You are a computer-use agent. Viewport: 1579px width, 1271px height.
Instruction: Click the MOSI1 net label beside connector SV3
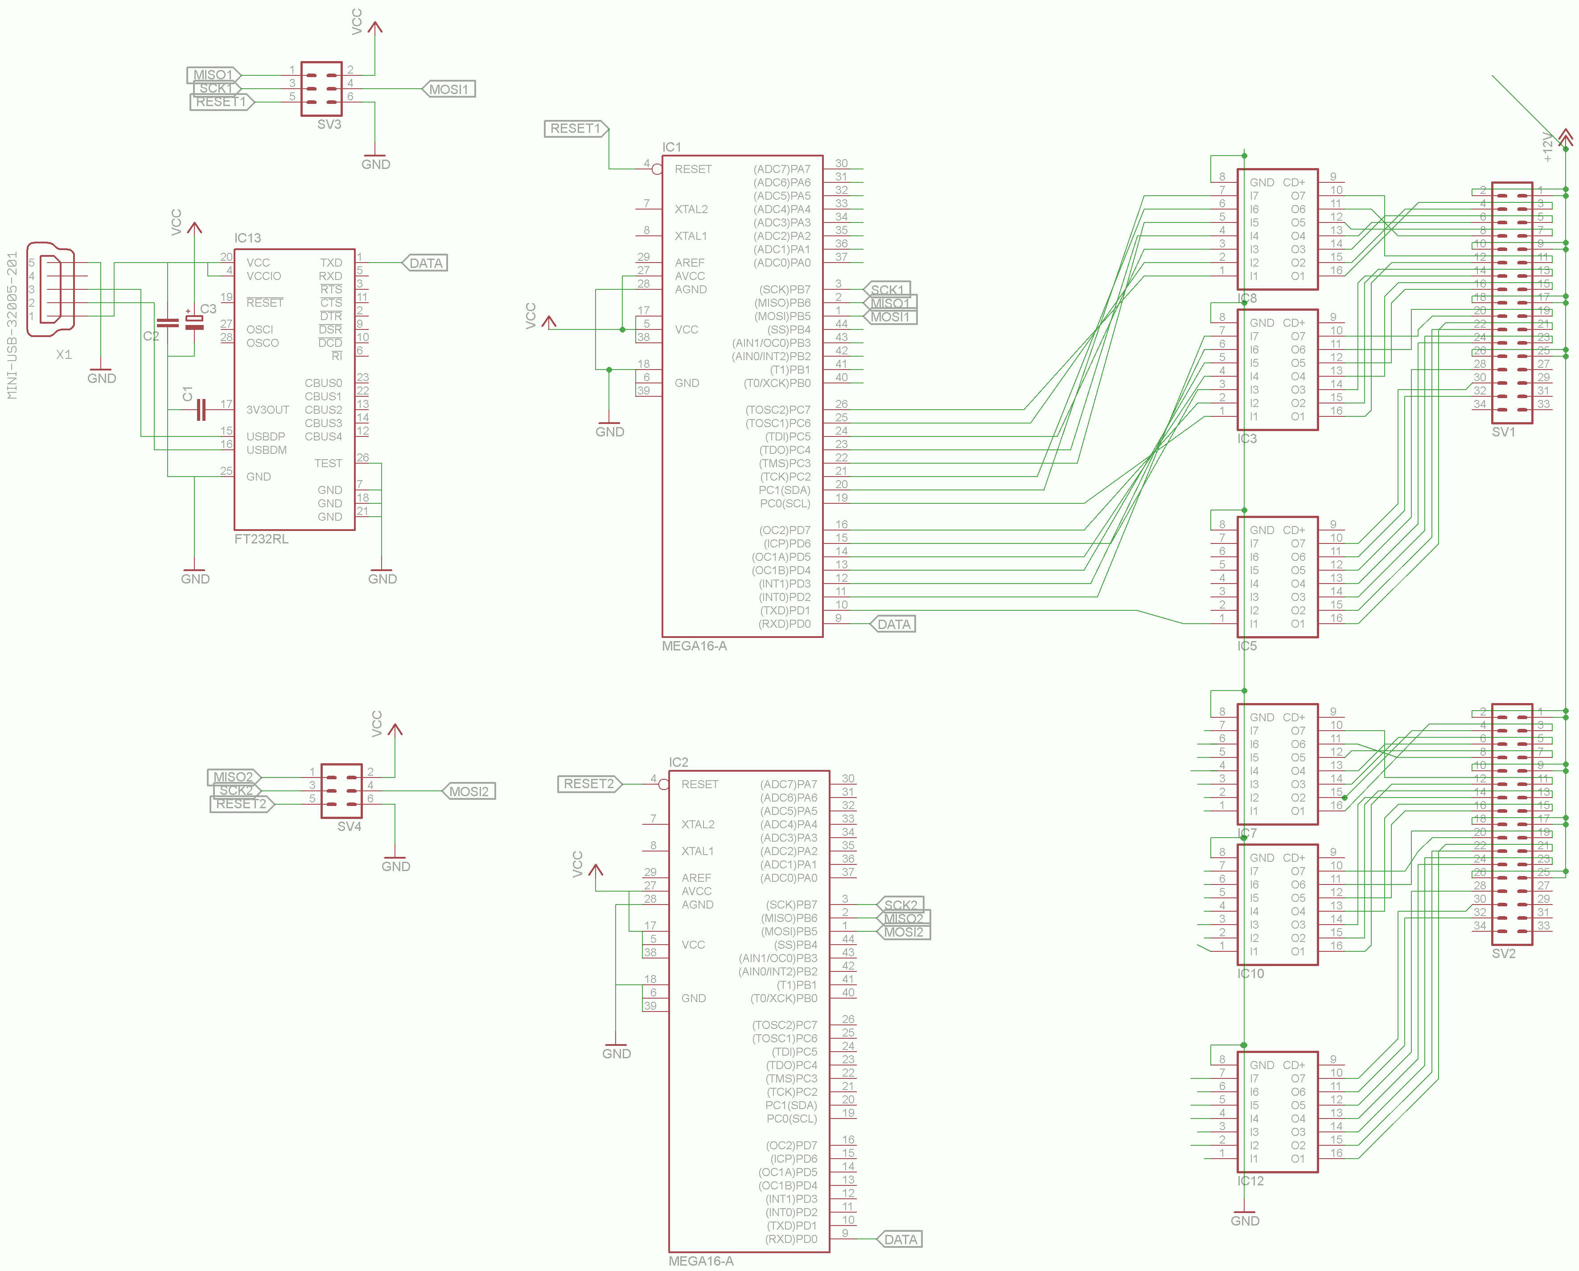coord(448,89)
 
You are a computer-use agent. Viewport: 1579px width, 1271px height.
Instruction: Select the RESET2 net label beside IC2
coord(589,784)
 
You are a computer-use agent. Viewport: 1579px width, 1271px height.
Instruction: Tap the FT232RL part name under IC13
coord(261,539)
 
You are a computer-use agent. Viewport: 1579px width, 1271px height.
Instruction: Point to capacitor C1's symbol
coord(201,410)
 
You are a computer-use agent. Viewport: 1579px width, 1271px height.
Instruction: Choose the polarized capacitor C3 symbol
coord(194,322)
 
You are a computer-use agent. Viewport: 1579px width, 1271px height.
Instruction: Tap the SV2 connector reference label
coord(1504,954)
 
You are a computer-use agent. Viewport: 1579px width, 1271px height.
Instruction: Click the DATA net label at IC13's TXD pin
coord(425,263)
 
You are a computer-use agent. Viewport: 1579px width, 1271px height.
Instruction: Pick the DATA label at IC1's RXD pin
coord(893,624)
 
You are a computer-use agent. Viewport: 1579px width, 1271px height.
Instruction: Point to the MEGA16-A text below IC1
coord(694,646)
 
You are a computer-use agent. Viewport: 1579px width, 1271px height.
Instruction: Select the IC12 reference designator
coord(1250,1181)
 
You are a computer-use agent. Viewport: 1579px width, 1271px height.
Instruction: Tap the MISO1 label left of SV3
coord(212,75)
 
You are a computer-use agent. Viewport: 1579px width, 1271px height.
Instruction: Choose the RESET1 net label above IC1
coord(575,129)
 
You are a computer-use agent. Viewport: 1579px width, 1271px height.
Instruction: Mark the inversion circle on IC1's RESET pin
coord(657,169)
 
